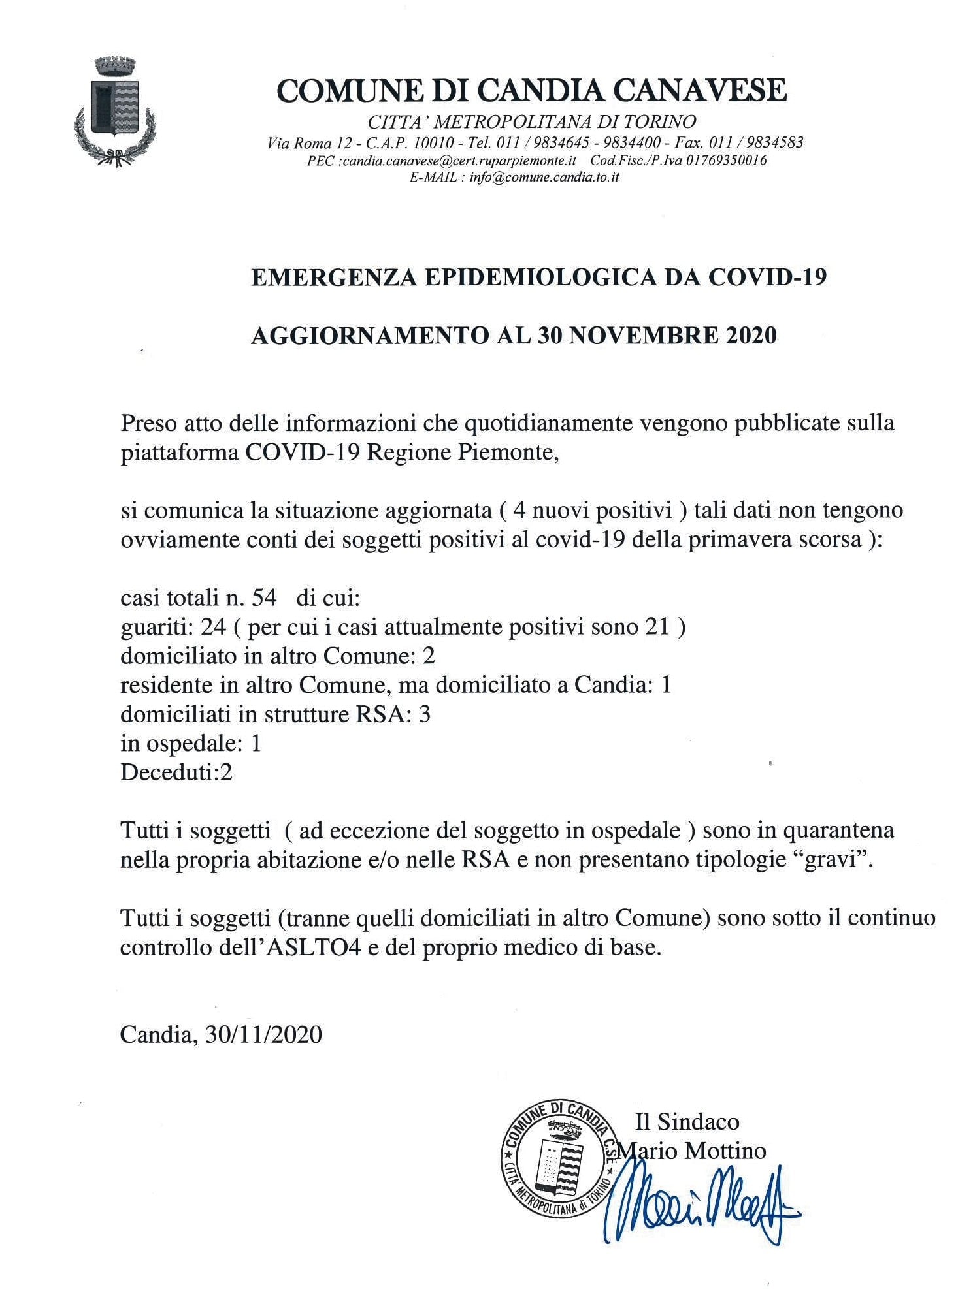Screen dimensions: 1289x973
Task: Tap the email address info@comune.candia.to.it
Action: pos(544,177)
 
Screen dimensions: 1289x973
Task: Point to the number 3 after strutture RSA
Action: pos(425,714)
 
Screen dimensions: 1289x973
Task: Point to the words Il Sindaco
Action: pos(687,1122)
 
